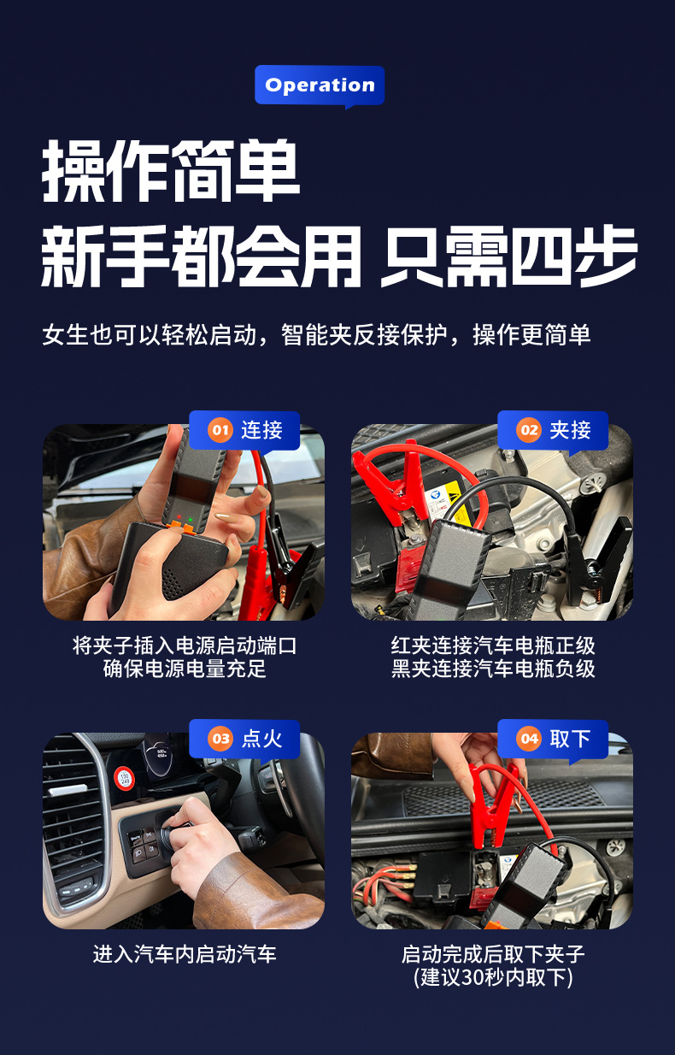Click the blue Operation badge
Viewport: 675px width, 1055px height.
320,85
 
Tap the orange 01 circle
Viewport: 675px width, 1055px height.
220,430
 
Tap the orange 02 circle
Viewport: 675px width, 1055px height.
529,430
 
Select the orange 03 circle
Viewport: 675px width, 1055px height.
220,739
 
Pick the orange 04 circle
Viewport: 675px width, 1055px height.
529,739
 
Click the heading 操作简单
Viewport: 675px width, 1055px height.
171,170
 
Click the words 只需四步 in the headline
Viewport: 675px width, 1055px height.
508,256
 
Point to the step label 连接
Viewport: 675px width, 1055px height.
261,430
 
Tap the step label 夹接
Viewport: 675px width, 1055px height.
570,430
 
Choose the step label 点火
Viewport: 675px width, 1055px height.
261,739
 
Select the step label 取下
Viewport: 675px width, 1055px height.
570,739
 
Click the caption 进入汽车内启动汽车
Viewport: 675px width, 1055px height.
185,954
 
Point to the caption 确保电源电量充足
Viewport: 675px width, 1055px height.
185,669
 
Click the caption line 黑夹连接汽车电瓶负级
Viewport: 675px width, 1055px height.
493,669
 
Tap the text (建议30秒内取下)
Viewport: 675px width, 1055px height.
493,977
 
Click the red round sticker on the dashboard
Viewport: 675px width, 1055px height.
124,779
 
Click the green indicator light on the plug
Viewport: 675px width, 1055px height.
191,520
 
